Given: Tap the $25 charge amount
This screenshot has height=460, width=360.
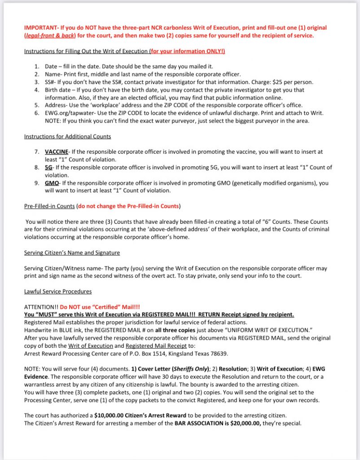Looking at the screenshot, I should (272, 82).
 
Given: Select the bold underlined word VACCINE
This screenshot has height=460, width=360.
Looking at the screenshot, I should (57, 152).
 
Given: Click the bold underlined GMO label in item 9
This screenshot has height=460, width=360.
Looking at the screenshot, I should (52, 183).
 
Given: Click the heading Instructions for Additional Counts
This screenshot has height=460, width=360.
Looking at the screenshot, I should (67, 136).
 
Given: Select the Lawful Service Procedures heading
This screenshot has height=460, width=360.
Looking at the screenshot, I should (57, 292).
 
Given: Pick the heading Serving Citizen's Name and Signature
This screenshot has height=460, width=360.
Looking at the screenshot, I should (72, 252).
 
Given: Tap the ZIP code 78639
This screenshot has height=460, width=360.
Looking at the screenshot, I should (218, 354).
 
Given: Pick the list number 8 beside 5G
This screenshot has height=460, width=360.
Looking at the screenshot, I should (37, 168).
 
